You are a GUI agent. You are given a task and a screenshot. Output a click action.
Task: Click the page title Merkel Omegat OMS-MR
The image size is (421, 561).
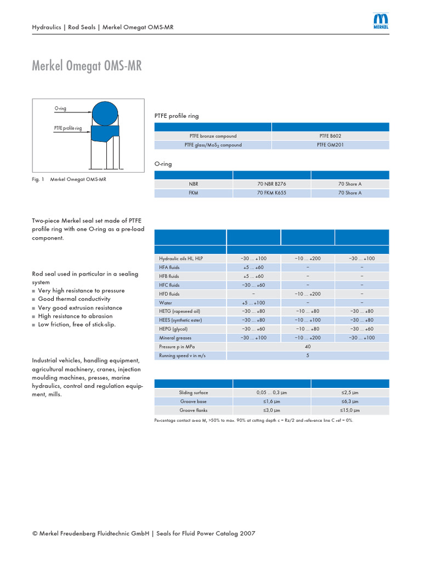(x=87, y=67)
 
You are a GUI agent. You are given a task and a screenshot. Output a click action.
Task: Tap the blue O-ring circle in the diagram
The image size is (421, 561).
(x=104, y=113)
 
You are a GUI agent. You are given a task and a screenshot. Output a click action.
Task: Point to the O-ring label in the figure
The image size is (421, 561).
(x=60, y=108)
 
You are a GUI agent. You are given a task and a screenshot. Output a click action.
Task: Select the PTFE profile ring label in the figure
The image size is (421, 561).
(x=68, y=128)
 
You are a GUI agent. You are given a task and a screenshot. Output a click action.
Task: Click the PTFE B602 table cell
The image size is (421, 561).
(x=331, y=136)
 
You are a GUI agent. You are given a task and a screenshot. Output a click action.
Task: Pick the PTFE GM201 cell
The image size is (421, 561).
(x=331, y=145)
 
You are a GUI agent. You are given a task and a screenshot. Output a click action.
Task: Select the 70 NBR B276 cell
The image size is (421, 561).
(x=271, y=184)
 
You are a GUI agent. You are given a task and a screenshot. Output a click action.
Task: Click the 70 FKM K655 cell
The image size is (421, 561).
(x=271, y=193)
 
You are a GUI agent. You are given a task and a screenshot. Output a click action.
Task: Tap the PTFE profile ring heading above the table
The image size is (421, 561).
(x=177, y=116)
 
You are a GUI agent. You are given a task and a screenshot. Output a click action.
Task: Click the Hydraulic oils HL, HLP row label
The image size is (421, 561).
(x=181, y=258)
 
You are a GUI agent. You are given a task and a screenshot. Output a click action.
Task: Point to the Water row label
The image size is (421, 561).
(x=166, y=302)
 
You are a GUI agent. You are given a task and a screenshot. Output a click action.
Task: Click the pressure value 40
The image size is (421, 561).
(x=308, y=347)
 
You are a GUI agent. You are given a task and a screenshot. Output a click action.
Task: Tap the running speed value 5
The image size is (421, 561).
(x=308, y=356)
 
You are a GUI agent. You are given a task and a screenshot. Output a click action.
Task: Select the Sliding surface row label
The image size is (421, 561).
(x=194, y=392)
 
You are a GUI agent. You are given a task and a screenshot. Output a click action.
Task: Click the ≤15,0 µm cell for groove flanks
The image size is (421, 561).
(x=349, y=410)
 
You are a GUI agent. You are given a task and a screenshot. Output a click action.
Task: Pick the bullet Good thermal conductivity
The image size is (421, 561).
(x=74, y=299)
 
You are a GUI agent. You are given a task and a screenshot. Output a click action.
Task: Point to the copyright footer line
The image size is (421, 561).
(x=144, y=533)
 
